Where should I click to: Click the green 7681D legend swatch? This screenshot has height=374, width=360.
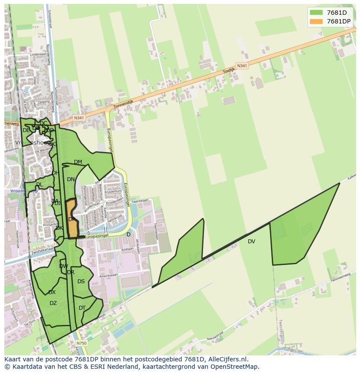point(316,13)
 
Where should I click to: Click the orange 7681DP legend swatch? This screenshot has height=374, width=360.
point(316,21)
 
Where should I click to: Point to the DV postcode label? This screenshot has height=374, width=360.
point(251,242)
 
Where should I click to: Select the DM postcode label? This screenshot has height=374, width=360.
point(78,162)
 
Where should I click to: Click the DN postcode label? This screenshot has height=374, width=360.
point(71,179)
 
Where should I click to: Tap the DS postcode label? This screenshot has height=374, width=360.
point(81,281)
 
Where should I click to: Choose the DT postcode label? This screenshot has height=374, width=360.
point(82,308)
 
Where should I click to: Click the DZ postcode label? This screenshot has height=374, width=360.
point(53,303)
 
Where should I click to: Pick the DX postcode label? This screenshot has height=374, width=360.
point(52,292)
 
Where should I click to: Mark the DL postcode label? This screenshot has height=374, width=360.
point(39,185)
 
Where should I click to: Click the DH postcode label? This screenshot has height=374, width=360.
point(55,173)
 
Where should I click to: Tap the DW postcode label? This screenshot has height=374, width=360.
point(63,266)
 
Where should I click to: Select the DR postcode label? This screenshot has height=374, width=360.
point(71,272)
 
